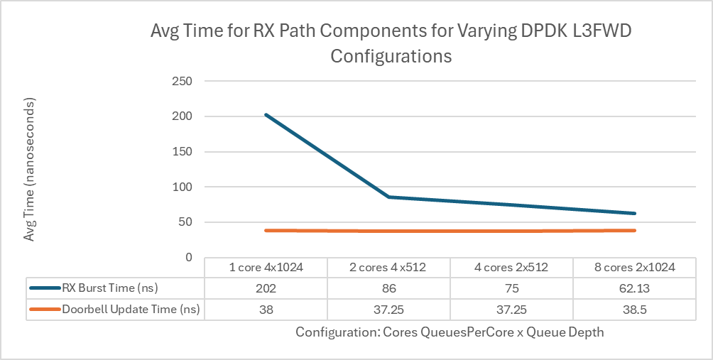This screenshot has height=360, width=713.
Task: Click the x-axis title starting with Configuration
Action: (x=450, y=332)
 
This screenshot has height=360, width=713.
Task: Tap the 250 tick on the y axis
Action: (x=183, y=81)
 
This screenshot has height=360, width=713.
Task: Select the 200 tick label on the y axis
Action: (x=183, y=116)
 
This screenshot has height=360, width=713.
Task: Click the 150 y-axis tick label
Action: (x=183, y=151)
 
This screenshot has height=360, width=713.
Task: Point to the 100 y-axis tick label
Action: (x=183, y=187)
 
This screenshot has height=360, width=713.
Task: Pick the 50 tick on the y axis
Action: (x=186, y=222)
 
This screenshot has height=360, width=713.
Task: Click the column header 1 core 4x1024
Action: (x=266, y=268)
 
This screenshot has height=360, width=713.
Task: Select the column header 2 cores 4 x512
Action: (x=389, y=268)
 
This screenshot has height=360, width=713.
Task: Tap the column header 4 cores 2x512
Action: (x=511, y=268)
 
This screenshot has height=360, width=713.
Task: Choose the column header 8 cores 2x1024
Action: (x=634, y=268)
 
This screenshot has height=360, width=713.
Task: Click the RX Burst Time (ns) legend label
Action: (x=106, y=288)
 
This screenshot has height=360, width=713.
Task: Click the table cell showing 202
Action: (x=266, y=288)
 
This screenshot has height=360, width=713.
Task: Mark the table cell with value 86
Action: (x=389, y=288)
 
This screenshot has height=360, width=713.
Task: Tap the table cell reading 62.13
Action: (x=634, y=288)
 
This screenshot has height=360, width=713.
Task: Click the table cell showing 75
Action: (x=511, y=288)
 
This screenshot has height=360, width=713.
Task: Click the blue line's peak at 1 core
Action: (x=266, y=115)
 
